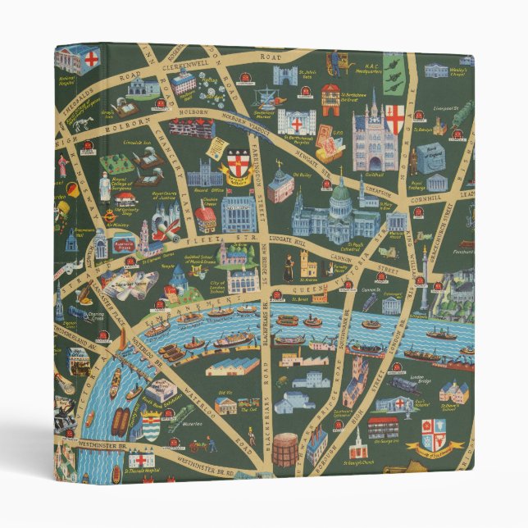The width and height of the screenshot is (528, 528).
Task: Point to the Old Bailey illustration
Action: (x=280, y=187)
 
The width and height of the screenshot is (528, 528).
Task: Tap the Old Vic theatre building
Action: (x=225, y=404)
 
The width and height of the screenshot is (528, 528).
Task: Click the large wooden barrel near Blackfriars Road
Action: (x=285, y=450)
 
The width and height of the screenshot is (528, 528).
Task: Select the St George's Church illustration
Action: (x=356, y=447)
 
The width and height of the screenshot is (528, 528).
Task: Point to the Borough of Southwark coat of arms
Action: (x=432, y=435)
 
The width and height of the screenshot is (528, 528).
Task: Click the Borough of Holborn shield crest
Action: (x=238, y=163)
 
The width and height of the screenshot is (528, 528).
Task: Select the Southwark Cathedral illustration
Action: (x=357, y=381)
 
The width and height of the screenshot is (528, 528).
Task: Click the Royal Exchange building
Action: (x=436, y=180)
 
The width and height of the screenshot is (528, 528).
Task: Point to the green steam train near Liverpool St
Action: (x=462, y=113)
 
